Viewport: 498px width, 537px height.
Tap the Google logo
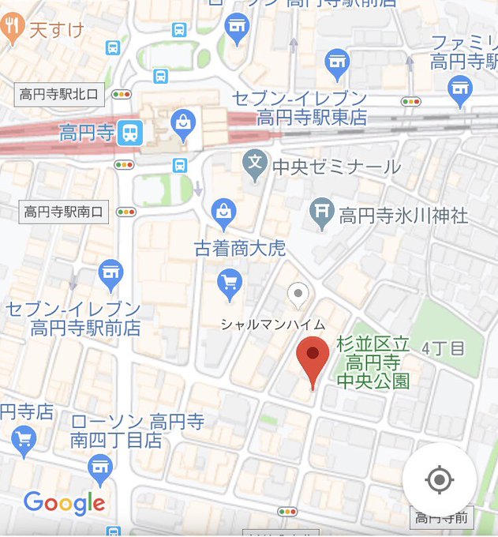pyautogui.click(x=64, y=502)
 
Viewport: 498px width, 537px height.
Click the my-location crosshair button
pyautogui.click(x=439, y=479)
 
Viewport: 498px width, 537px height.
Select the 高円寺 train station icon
pyautogui.click(x=129, y=133)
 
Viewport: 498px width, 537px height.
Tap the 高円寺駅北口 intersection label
pyautogui.click(x=61, y=95)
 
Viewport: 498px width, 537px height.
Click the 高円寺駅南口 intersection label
pyautogui.click(x=63, y=212)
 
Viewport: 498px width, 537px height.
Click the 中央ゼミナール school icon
pyautogui.click(x=254, y=163)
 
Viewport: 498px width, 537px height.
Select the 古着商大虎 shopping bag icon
pyautogui.click(x=225, y=211)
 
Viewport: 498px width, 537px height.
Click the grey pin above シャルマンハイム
pyautogui.click(x=298, y=295)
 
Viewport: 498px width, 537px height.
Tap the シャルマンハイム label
pyautogui.click(x=272, y=325)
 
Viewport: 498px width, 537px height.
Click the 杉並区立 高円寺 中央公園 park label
pyautogui.click(x=373, y=363)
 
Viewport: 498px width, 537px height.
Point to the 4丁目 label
pyautogui.click(x=443, y=347)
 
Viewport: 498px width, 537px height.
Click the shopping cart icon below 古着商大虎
pyautogui.click(x=230, y=283)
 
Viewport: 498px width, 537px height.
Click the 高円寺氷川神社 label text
pyautogui.click(x=403, y=215)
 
